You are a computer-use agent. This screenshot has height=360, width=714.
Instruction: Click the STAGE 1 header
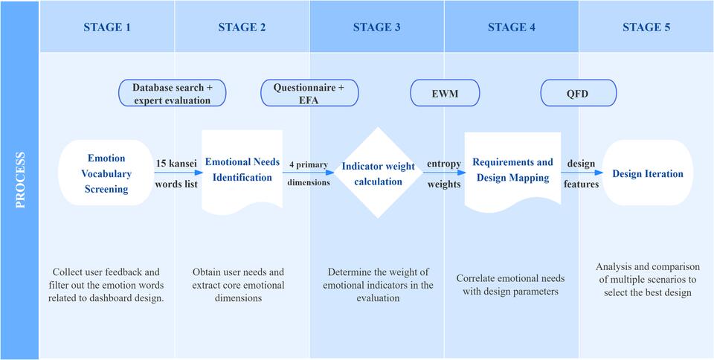107,28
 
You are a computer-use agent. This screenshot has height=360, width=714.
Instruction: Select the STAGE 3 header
376,28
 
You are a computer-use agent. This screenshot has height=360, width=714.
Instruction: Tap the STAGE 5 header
646,28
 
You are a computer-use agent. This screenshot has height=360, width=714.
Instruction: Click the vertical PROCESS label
20,180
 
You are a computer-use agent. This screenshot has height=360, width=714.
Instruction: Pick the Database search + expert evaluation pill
173,94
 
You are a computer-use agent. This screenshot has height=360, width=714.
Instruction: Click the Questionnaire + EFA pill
309,94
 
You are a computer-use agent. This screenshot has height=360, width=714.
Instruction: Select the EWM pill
445,94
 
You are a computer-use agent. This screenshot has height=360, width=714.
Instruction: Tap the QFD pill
579,94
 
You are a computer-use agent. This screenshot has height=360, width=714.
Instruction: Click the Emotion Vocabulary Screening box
106,173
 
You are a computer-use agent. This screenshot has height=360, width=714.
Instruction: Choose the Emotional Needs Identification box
242,170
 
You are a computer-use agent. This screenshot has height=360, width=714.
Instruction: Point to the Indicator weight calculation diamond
378,172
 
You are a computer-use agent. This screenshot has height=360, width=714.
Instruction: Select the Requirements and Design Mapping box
512,170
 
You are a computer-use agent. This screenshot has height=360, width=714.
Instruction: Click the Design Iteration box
647,174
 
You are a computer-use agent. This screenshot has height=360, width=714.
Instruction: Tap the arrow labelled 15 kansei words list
177,173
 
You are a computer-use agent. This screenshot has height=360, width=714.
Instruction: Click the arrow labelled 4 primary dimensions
308,173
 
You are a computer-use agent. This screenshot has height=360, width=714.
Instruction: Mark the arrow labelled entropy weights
444,173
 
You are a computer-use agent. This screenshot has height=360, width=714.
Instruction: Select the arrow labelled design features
582,173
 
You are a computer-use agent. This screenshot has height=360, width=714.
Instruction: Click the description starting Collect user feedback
109,285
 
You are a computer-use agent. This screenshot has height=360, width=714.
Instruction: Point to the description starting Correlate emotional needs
510,285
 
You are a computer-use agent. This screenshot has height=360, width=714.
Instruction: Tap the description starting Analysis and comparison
646,279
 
